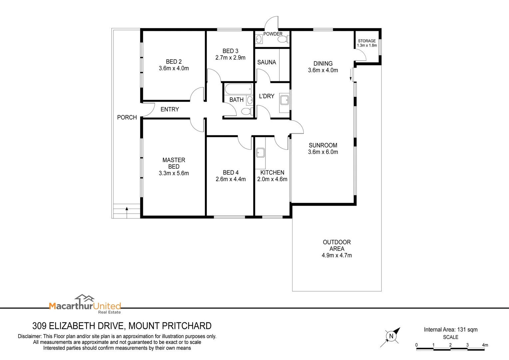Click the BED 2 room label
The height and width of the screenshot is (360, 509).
[x=174, y=62]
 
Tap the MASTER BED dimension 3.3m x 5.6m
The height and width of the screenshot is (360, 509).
[x=174, y=173]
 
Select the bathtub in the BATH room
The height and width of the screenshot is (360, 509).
[x=238, y=89]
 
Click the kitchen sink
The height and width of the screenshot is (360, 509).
[x=260, y=153]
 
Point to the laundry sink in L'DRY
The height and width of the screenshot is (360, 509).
[x=284, y=100]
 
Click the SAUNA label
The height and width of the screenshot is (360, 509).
[x=266, y=62]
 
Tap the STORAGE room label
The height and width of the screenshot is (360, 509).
[x=367, y=41]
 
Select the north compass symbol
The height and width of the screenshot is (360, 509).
[x=391, y=336]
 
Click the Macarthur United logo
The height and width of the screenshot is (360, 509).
[x=85, y=304]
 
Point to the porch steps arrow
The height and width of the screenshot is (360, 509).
[x=127, y=209]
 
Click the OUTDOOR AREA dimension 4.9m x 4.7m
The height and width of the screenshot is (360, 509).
[x=336, y=255]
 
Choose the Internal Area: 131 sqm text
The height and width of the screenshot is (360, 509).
[x=450, y=330]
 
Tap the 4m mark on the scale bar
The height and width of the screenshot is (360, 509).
[x=485, y=345]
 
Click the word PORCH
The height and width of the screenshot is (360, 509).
[x=127, y=117]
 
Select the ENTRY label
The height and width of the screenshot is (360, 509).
[x=170, y=109]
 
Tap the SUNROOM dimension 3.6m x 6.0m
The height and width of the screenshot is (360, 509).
[x=323, y=152]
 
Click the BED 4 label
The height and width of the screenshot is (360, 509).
[x=231, y=173]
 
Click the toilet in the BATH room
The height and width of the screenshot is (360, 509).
[x=246, y=111]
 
